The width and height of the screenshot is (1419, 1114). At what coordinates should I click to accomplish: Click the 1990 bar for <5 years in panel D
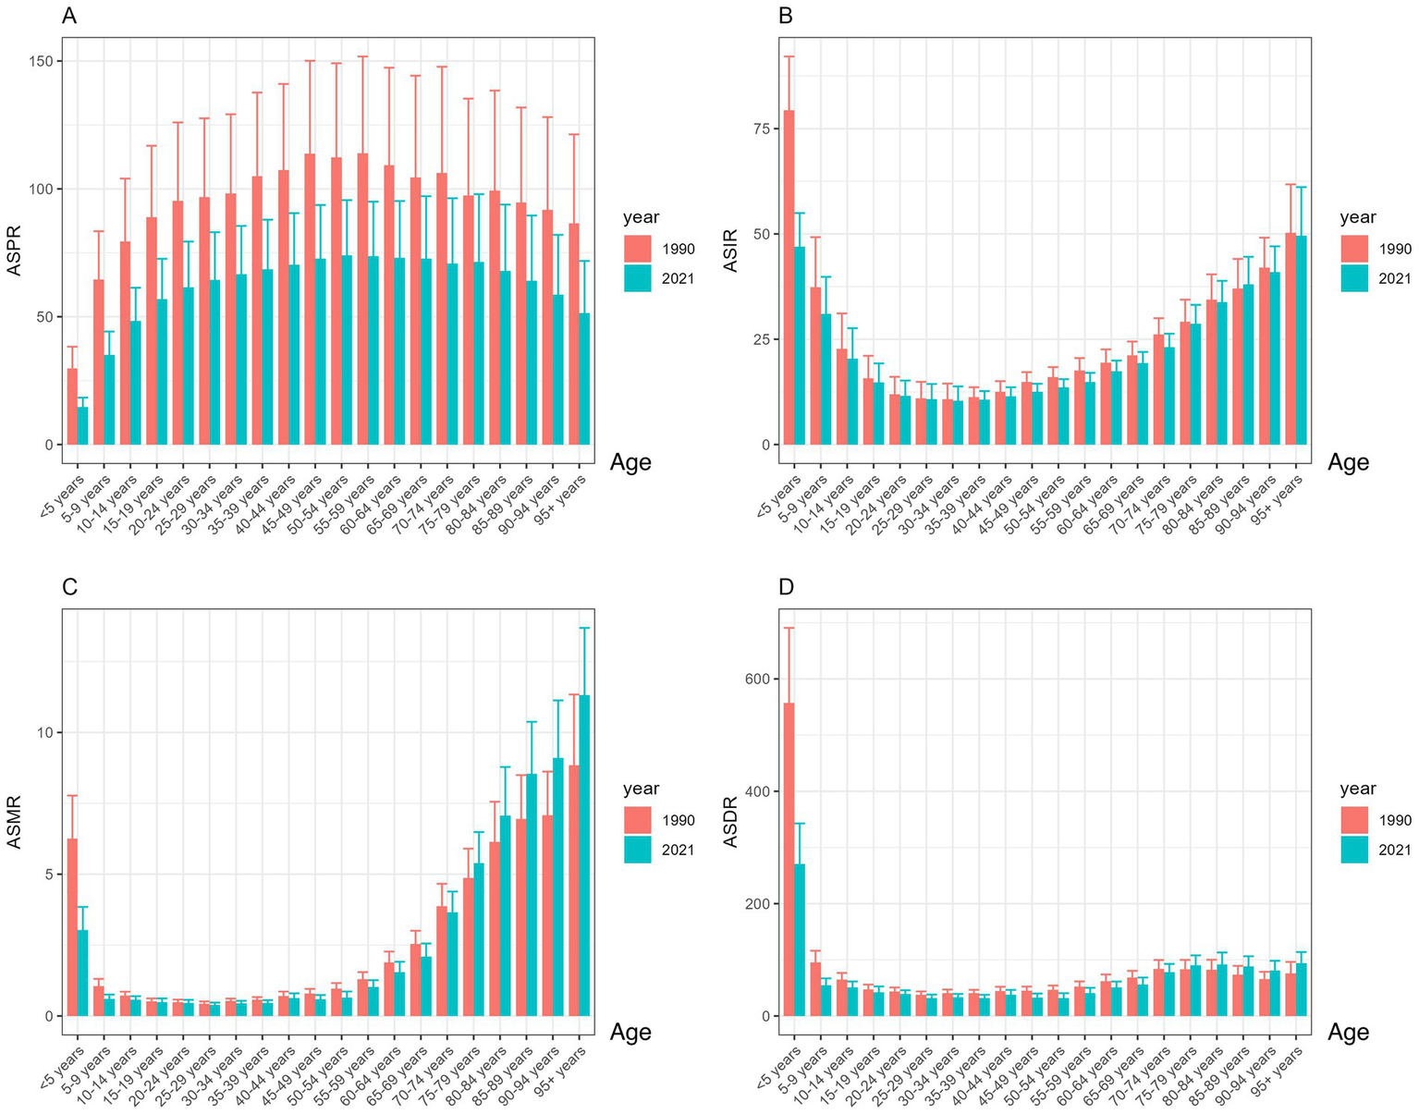click(x=789, y=860)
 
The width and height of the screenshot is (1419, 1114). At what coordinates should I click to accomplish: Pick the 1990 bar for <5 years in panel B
click(x=789, y=277)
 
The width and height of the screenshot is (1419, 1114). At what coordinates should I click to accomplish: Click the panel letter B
click(x=787, y=16)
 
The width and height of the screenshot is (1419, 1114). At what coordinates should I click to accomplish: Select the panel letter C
click(x=69, y=587)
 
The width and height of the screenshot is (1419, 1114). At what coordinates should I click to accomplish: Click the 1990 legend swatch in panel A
click(x=638, y=249)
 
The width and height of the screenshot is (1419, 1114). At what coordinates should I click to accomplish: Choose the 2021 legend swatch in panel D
click(x=1355, y=850)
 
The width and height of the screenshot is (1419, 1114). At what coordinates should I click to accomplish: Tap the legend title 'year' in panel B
click(x=1358, y=217)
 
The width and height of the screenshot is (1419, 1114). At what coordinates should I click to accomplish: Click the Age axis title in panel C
click(x=630, y=1033)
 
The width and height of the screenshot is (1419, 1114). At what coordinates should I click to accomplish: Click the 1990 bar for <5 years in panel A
click(x=72, y=407)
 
